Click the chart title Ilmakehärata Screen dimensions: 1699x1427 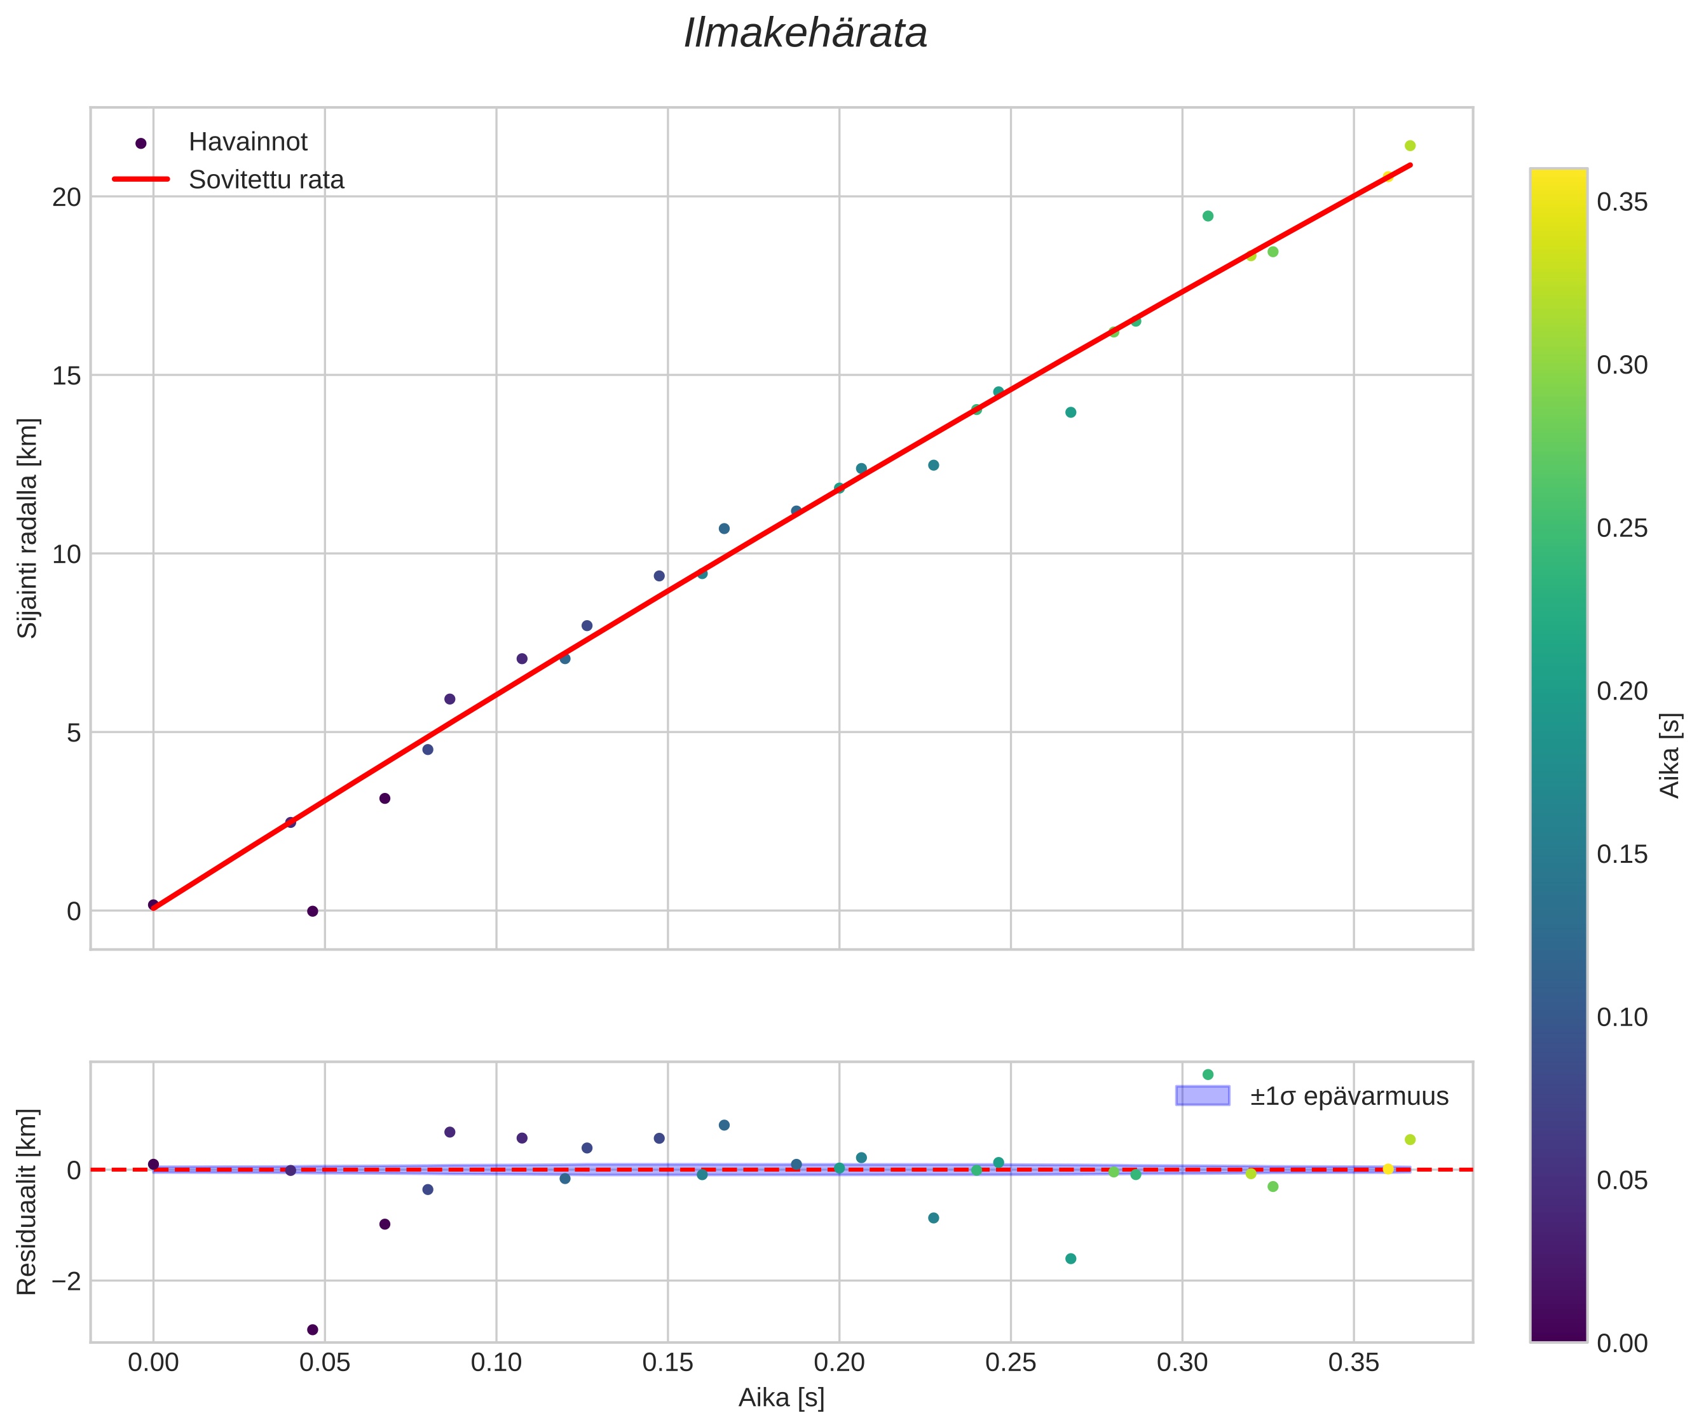click(805, 34)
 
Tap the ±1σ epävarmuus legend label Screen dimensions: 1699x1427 click(1349, 1096)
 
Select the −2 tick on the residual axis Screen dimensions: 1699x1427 click(66, 1282)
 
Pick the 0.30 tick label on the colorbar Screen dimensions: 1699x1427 click(1622, 365)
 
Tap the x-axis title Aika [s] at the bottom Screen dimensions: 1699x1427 click(781, 1398)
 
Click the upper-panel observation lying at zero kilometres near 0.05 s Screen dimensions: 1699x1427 click(313, 911)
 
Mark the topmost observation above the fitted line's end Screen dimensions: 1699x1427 click(1410, 145)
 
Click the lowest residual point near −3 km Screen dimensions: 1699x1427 click(313, 1330)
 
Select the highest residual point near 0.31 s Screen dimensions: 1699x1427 click(1208, 1074)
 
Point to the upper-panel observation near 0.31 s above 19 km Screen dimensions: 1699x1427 click(1208, 216)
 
